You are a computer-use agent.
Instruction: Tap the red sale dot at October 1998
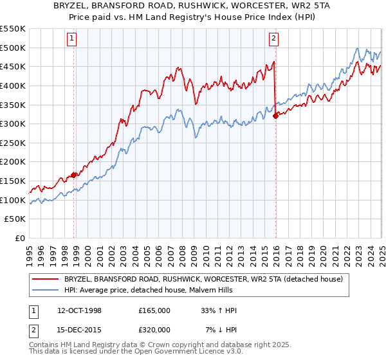[x=73, y=174]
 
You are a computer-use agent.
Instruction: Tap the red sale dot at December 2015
[x=275, y=116]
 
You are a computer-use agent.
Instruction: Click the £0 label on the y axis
[x=21, y=238]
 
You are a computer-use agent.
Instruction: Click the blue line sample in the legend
[x=45, y=290]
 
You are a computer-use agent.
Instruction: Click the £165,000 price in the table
[x=154, y=310]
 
